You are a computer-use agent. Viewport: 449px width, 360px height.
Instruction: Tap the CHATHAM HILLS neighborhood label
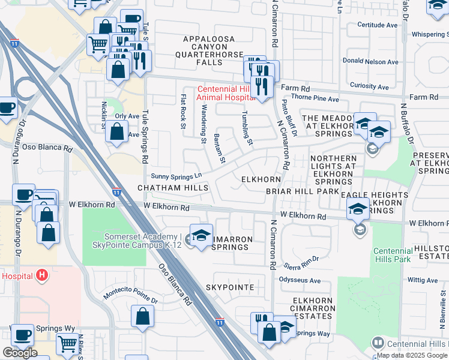(x=173, y=188)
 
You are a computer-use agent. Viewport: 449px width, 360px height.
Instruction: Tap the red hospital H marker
(x=41, y=275)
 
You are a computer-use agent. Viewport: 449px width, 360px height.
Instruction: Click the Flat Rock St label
(x=182, y=111)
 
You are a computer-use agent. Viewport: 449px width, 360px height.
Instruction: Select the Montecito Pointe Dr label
(x=130, y=297)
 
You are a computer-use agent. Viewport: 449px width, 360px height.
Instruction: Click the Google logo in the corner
(x=20, y=353)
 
